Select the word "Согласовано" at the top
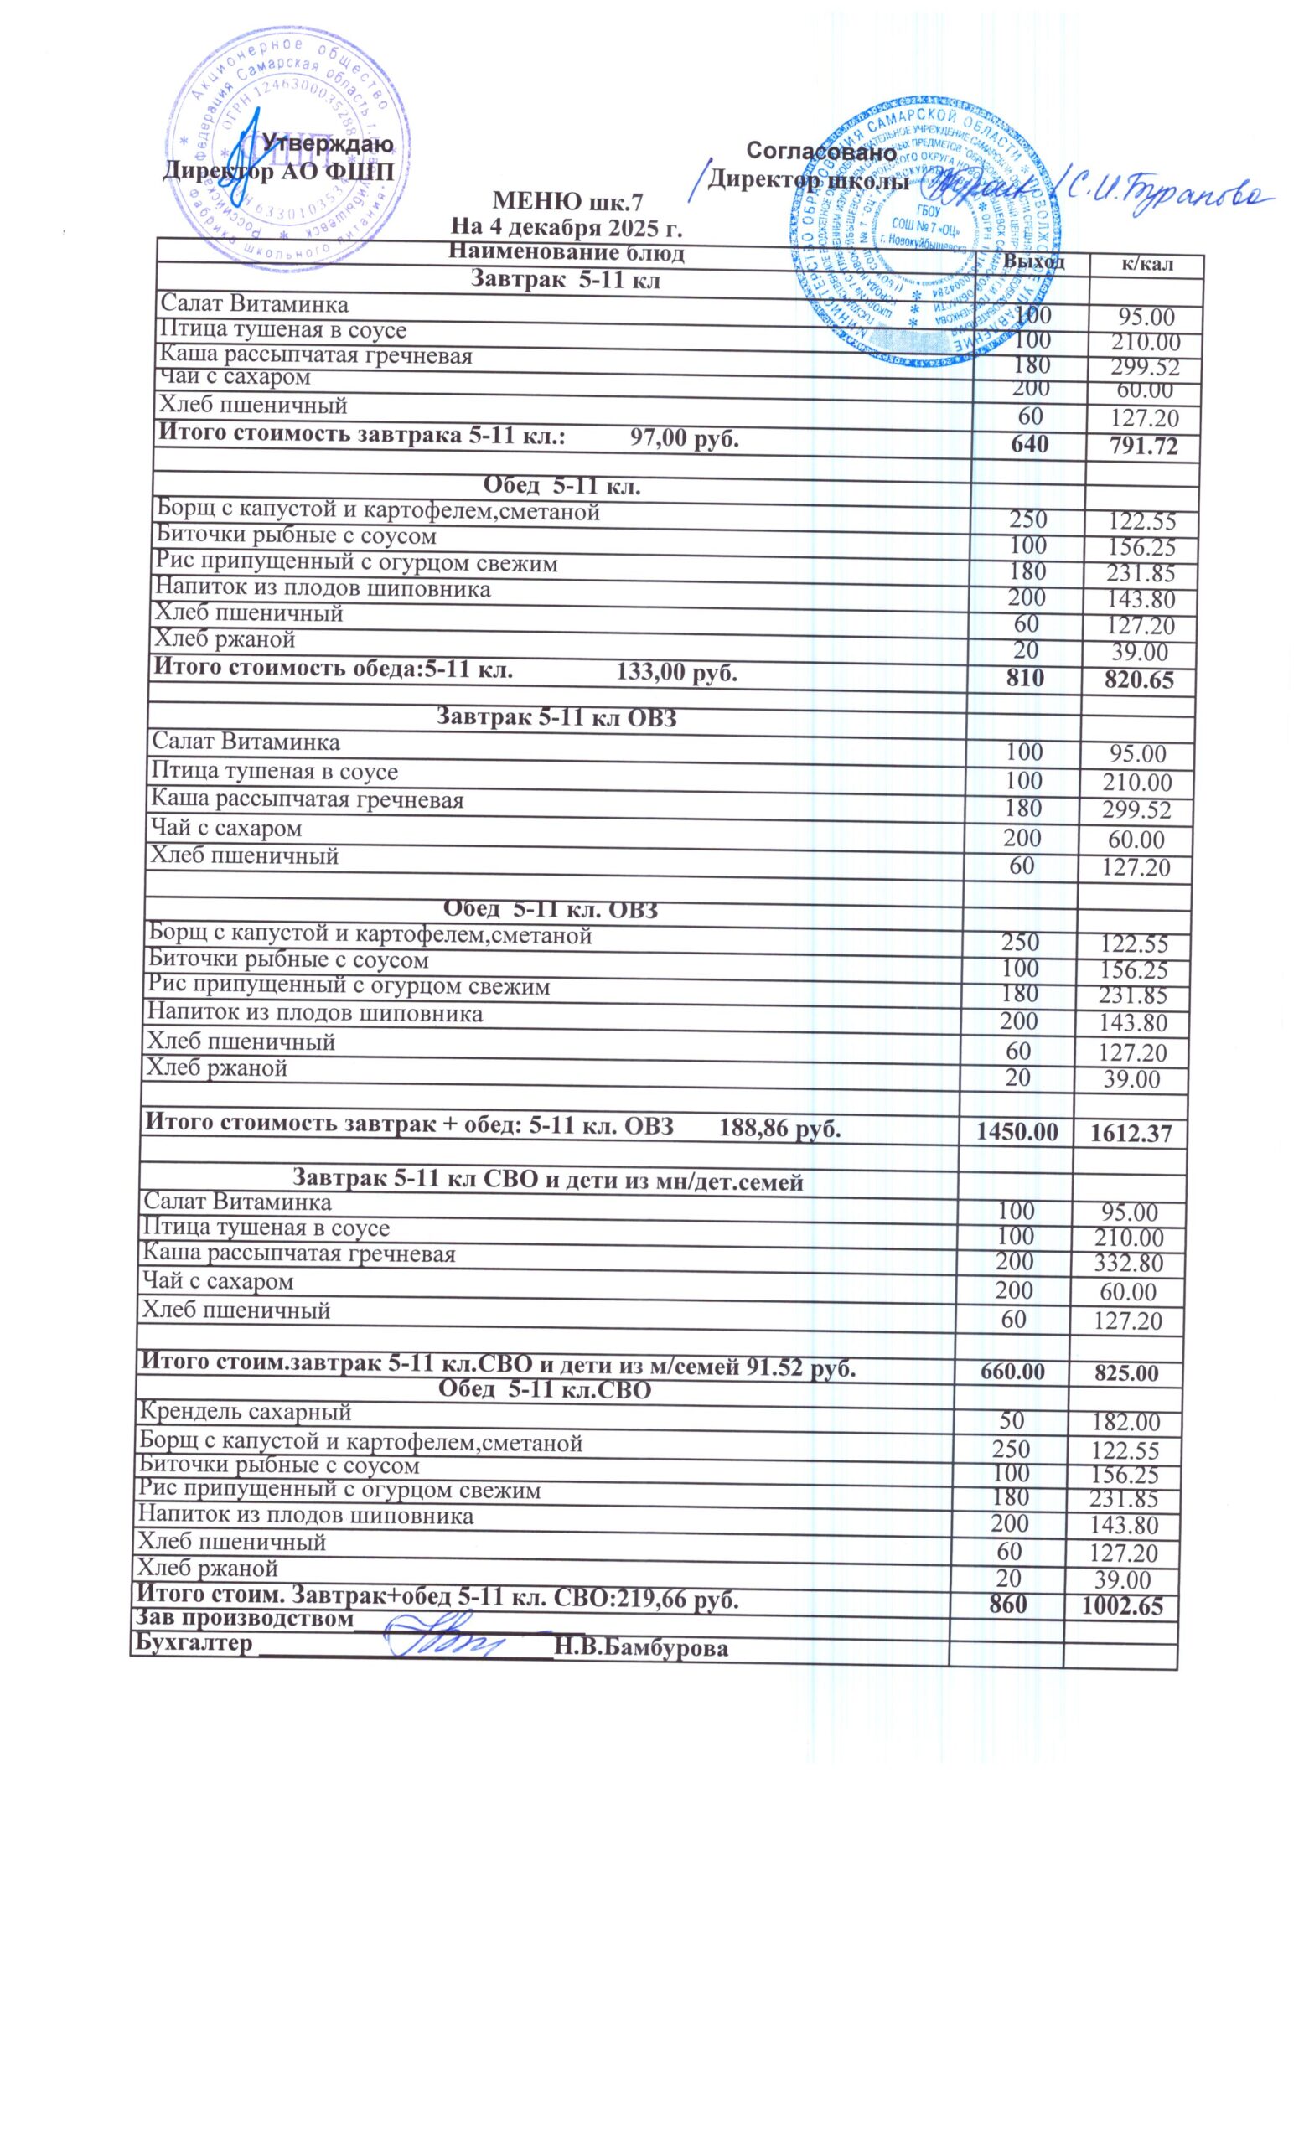[x=821, y=152]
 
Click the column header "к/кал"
[x=1147, y=264]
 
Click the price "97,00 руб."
[x=683, y=438]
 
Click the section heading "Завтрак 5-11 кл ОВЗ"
[x=556, y=717]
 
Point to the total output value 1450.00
[x=1017, y=1132]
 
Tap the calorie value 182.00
[x=1125, y=1423]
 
